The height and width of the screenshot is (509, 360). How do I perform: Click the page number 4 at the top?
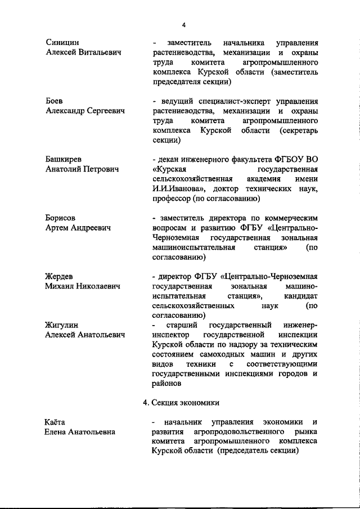tap(184, 24)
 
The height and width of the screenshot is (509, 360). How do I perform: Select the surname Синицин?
tap(62, 43)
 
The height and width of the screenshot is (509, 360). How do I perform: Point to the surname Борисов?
tap(60, 218)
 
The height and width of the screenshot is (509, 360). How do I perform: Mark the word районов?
tap(166, 384)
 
